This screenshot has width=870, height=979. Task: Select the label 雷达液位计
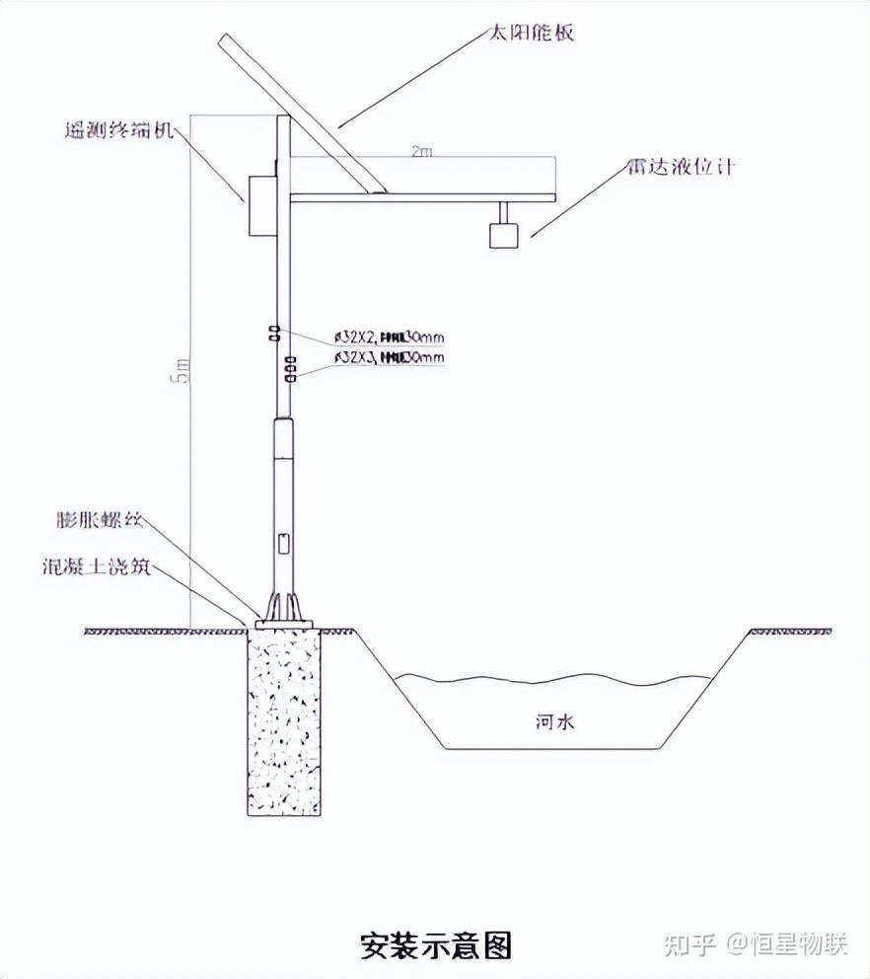tap(679, 167)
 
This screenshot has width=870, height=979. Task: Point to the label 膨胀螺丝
tap(98, 520)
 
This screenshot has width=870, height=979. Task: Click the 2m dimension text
tap(422, 152)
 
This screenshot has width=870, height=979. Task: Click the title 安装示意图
tap(435, 945)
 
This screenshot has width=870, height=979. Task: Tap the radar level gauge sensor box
tap(503, 235)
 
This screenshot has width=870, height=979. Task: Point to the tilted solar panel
tap(301, 114)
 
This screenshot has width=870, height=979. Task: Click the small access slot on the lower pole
tap(283, 542)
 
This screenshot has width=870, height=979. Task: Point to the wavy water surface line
tap(552, 678)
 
